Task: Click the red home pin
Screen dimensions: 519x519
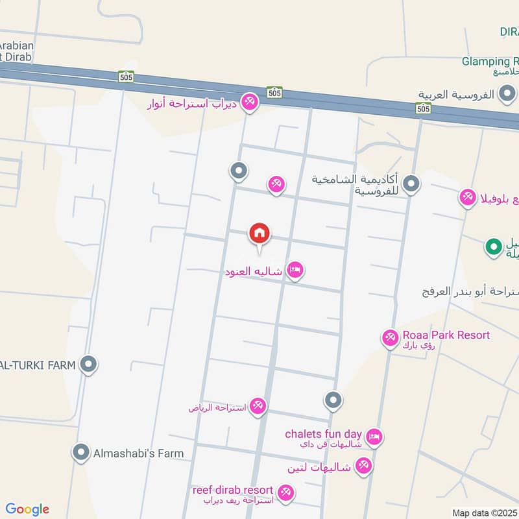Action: (259, 233)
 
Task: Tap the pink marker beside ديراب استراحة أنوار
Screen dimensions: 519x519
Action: (249, 102)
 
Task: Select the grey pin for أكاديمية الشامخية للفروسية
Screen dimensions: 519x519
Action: (411, 185)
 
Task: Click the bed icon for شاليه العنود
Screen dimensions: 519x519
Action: (295, 271)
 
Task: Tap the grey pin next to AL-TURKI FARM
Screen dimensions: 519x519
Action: (89, 365)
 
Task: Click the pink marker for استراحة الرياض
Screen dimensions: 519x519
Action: (258, 407)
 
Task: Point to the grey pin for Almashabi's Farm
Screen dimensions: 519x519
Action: (81, 453)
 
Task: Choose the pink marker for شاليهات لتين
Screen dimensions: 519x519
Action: (363, 466)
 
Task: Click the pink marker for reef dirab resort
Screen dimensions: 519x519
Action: (285, 494)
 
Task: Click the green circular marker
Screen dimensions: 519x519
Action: (494, 247)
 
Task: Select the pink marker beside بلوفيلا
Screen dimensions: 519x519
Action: (468, 197)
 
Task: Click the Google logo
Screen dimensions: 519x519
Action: (27, 509)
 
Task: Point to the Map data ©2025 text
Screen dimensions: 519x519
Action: (484, 513)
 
